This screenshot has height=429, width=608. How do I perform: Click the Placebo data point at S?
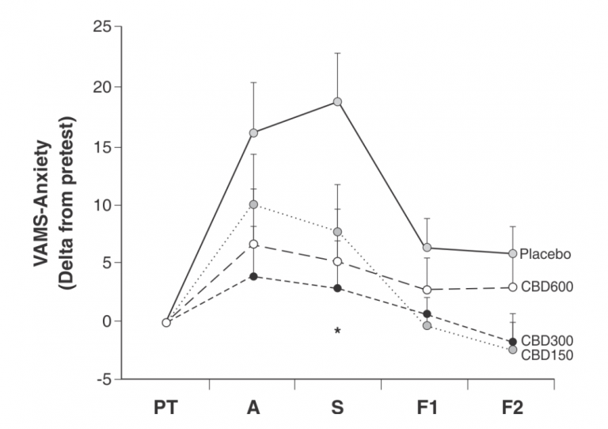click(x=337, y=101)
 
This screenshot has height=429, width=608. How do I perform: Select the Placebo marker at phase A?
click(x=253, y=132)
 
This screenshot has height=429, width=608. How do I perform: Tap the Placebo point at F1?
click(x=427, y=248)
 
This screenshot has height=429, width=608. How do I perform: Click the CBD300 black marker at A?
click(x=253, y=276)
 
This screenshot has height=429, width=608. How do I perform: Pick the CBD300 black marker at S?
click(x=337, y=288)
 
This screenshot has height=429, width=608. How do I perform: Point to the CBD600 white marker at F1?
click(x=427, y=290)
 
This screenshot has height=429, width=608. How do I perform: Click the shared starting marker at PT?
click(x=166, y=322)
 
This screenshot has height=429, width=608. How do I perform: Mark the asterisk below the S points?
click(x=337, y=331)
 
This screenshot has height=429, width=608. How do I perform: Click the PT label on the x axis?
click(x=166, y=408)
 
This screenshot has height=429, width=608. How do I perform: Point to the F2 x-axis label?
click(x=512, y=408)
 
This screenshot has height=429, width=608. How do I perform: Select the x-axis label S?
click(x=337, y=408)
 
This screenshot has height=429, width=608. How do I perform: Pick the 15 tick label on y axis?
click(x=99, y=146)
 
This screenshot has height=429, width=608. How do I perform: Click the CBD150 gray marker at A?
click(x=253, y=204)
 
